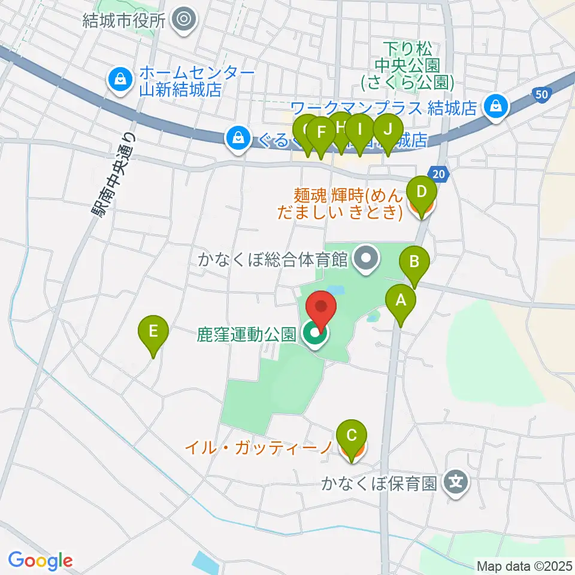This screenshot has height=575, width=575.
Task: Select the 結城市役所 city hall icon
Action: click(183, 20)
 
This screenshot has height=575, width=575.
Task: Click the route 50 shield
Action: click(541, 93)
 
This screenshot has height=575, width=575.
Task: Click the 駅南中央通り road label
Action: click(113, 175)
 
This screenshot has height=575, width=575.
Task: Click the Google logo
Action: click(40, 561)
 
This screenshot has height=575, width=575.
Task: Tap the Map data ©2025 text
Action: click(524, 565)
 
